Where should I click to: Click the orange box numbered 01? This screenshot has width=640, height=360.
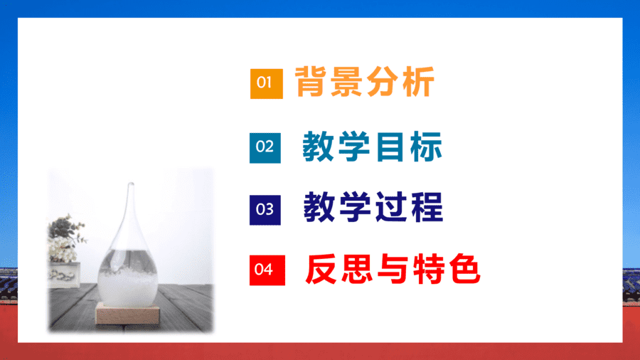[267, 84]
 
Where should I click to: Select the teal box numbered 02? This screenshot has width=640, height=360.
[265, 148]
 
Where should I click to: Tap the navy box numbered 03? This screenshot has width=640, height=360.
[265, 210]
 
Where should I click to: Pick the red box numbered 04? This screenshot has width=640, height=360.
[267, 270]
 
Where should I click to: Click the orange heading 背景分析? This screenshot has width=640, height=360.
[365, 82]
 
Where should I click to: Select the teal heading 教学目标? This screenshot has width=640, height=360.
[372, 147]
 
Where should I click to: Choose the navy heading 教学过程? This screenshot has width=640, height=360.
[373, 207]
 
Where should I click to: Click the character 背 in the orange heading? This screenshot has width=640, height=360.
[311, 82]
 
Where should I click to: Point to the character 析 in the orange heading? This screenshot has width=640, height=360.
[418, 82]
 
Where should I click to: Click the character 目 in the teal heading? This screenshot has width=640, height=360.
[390, 147]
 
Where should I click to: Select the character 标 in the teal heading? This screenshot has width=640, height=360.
[426, 147]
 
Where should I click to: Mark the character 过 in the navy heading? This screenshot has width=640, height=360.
[391, 207]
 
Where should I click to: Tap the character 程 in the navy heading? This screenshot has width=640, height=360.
[427, 207]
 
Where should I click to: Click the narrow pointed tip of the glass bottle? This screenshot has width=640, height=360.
[131, 184]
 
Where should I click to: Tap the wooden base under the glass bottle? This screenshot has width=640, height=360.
[127, 314]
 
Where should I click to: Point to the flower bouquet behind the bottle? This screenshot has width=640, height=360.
[65, 238]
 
